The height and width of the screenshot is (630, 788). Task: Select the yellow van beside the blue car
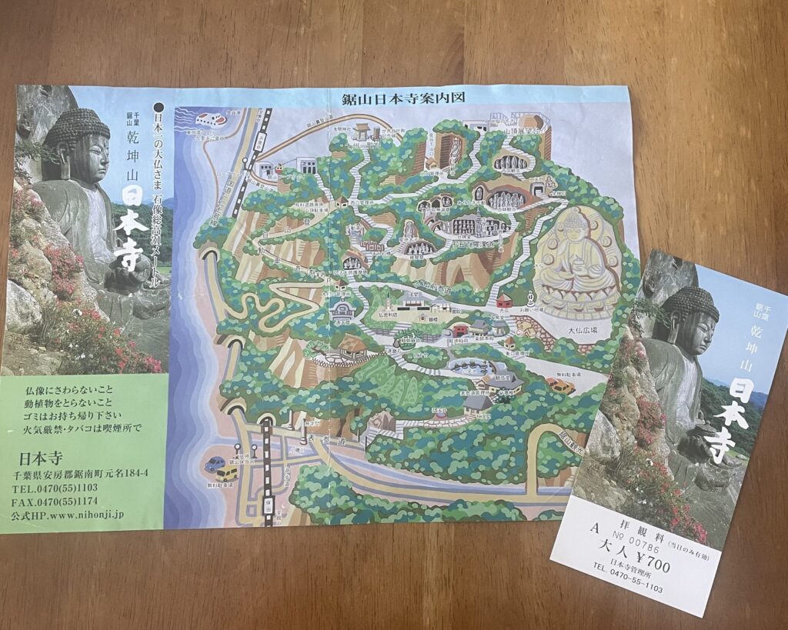229,472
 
